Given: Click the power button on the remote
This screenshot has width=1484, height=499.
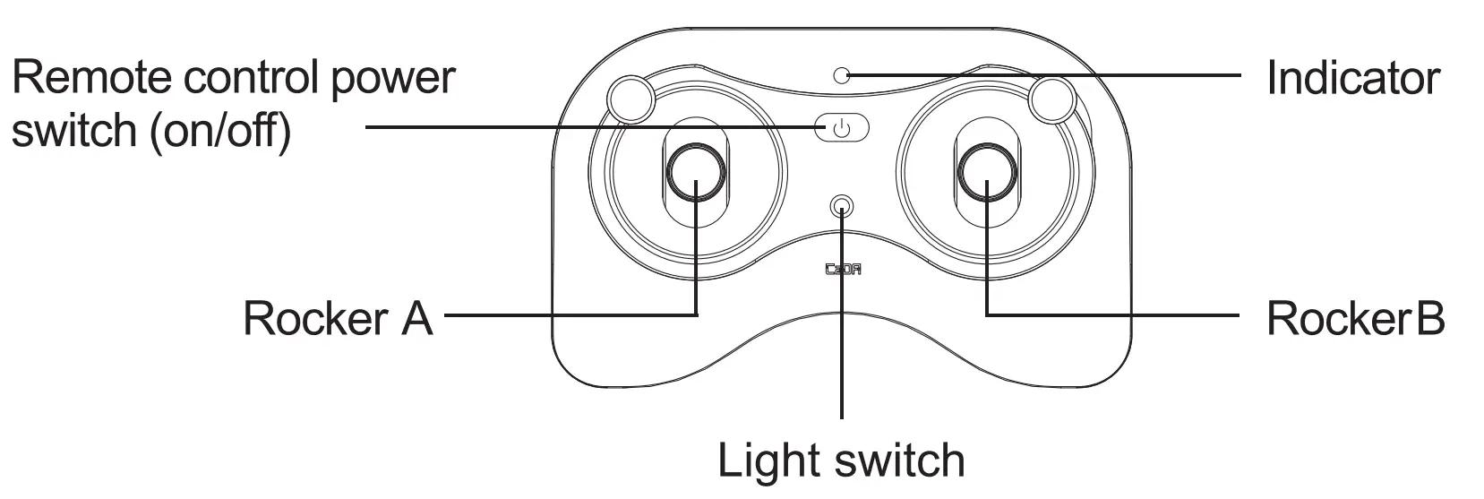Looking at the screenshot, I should click(x=841, y=128).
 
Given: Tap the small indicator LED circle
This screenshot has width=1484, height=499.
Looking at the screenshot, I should click(x=841, y=75).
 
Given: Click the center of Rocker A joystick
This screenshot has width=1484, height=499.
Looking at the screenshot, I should click(x=696, y=172).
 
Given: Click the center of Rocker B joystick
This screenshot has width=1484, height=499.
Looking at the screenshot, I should click(x=987, y=172).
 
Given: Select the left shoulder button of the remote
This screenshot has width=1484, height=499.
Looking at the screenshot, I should click(x=630, y=98).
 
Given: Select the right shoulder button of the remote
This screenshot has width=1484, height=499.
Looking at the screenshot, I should click(x=1052, y=99).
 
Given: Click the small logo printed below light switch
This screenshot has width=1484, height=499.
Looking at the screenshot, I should click(x=842, y=269).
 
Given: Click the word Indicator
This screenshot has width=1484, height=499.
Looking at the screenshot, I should click(x=1352, y=78).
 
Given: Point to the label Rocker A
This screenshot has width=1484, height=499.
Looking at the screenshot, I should click(x=338, y=318).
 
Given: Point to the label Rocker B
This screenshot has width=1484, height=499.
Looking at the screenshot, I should click(x=1354, y=318).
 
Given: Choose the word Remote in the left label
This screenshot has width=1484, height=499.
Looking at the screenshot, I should click(x=90, y=78).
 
